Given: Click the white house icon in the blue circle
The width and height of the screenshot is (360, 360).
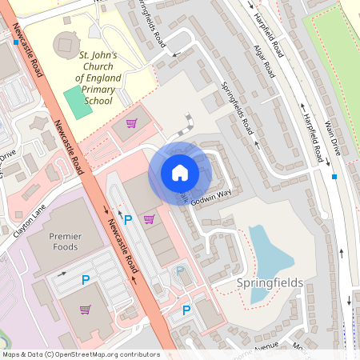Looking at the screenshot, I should pos(180,173).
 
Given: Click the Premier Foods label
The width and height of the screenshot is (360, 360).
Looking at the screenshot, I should pos(66,242).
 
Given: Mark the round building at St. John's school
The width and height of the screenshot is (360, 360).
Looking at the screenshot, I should pos(64,44).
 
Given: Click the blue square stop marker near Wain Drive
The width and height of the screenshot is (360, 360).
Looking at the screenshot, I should pos(334,176).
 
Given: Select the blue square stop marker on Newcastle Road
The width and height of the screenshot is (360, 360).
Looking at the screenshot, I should pos(16,42).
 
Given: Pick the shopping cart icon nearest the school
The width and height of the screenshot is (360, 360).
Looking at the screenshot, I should pos(131,124).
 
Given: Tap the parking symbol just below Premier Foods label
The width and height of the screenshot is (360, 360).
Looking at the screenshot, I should pos(86,279).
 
